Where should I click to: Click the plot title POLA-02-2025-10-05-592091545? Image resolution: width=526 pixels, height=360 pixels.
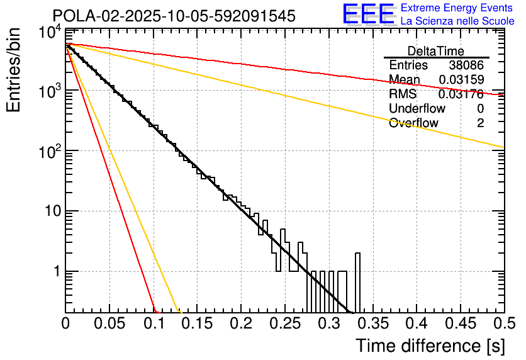173,16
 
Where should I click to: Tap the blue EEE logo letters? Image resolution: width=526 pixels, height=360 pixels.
368,14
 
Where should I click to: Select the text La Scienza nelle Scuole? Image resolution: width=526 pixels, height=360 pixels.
457,21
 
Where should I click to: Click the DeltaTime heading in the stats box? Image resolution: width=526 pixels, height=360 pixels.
436,51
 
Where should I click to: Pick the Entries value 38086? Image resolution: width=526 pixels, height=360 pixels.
466,65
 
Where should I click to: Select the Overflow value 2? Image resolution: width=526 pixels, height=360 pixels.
480,123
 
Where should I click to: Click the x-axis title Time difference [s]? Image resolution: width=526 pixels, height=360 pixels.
430,346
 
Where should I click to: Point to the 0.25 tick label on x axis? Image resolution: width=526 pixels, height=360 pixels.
284,324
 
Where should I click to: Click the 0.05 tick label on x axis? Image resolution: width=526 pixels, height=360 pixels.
109,324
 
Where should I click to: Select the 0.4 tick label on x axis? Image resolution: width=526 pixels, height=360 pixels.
415,324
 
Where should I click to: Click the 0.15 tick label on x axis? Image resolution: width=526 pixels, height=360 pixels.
197,324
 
